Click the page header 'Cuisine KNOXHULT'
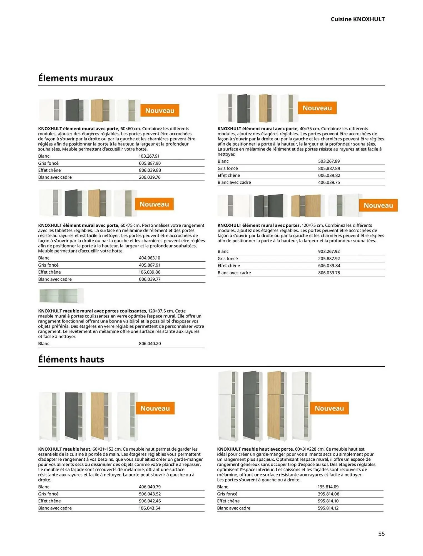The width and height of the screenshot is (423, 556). (357, 19)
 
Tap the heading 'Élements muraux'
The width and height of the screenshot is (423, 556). (76, 78)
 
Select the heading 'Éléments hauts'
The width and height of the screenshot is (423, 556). (71, 359)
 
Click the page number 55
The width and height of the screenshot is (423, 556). (381, 534)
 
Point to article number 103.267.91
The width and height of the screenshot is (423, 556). (149, 156)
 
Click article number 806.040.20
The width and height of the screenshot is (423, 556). (150, 344)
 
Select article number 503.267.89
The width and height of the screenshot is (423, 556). (329, 161)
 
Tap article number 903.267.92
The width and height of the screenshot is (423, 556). (329, 252)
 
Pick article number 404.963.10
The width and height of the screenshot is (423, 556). (150, 258)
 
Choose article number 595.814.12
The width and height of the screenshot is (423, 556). (328, 508)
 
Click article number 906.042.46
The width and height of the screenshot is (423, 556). (150, 501)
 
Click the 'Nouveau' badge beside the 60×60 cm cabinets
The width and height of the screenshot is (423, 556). (160, 110)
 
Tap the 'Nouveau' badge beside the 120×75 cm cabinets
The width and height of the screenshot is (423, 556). (378, 205)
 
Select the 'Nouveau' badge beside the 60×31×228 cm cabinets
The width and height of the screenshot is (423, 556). (329, 408)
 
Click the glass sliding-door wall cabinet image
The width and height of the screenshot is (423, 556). (61, 296)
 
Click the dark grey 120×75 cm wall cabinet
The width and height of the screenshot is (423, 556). (269, 206)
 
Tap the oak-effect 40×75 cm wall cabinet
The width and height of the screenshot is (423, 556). (267, 108)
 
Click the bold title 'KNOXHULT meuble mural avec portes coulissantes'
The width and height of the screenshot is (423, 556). (93, 311)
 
